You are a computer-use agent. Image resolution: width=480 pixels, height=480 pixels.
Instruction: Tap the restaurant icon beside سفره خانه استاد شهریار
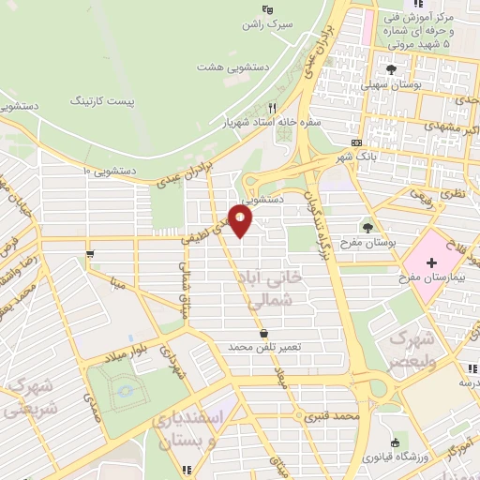tap(273, 108)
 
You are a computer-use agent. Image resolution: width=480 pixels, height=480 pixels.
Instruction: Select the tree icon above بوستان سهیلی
tap(392, 68)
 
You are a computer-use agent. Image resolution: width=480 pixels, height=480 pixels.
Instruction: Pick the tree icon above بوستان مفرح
tap(367, 226)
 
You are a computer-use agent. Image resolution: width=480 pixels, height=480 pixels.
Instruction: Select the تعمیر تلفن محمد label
tap(262, 347)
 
